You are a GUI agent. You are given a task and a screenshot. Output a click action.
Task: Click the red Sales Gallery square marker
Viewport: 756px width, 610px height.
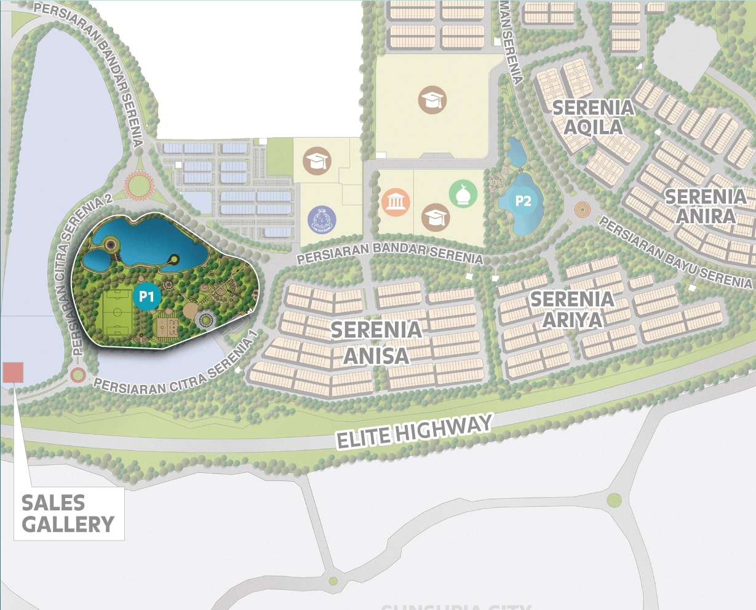click(x=13, y=373)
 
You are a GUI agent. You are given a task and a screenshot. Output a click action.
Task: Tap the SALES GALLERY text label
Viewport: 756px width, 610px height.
click(x=68, y=513)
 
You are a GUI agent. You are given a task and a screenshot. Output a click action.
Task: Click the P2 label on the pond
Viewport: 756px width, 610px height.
click(x=523, y=201)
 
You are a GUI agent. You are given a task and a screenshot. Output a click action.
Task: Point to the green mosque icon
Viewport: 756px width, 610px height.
click(x=463, y=194)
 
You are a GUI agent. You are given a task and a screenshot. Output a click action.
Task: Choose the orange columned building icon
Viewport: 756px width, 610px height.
click(x=396, y=202)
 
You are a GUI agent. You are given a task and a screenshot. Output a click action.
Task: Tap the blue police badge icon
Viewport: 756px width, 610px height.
click(x=322, y=220)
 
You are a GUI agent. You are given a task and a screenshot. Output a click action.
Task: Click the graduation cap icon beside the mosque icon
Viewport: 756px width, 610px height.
click(x=436, y=217)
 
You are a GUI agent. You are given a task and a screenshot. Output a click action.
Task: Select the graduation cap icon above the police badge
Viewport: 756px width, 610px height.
click(x=317, y=161)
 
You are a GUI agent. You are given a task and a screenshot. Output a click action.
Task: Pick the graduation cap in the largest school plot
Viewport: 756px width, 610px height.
click(x=432, y=100)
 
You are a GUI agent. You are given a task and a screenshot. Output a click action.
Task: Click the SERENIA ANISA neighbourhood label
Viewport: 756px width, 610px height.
click(x=376, y=343)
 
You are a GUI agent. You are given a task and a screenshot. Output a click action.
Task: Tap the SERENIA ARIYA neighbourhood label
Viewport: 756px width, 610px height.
click(x=572, y=309)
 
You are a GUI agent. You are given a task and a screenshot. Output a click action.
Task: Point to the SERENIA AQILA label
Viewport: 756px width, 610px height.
click(x=593, y=117)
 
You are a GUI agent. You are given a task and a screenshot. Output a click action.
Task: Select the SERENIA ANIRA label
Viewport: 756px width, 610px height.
click(x=705, y=206)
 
